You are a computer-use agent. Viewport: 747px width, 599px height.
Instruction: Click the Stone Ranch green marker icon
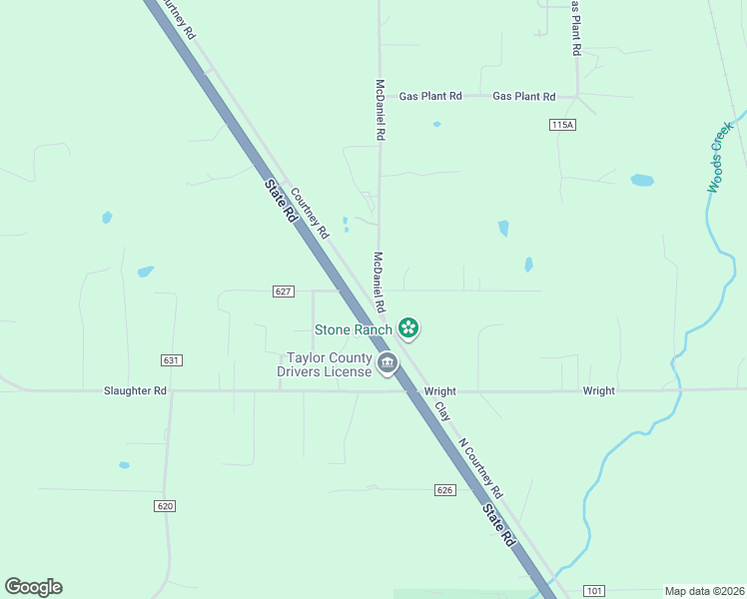point(407,327)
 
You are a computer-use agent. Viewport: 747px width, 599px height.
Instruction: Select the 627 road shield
point(283,292)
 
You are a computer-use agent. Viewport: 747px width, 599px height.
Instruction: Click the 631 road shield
point(171,359)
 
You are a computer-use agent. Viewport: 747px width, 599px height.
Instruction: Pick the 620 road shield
point(166,506)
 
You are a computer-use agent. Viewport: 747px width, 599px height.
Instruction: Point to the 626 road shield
point(445,490)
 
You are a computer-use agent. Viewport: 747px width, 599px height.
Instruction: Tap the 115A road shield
point(563,124)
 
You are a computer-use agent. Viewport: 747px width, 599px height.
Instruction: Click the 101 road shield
point(594,591)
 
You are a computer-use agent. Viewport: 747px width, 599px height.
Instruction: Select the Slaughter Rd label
point(135,391)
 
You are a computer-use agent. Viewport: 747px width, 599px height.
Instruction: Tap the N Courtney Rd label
point(480,467)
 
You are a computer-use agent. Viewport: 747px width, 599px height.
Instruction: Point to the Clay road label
point(440,410)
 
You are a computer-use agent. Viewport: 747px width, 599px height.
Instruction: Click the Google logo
point(33,587)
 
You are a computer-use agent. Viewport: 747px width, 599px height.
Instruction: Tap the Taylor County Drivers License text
point(330,365)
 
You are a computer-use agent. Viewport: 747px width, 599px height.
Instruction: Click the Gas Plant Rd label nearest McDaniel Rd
point(430,97)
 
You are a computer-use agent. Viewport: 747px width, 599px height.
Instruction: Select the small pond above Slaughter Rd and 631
point(146,271)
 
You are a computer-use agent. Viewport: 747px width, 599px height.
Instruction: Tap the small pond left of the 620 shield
point(124,465)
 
